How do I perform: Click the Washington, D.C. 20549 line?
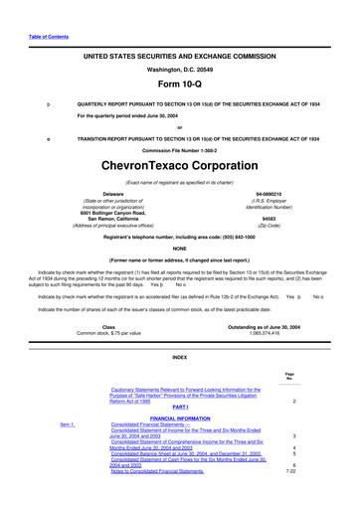click(x=180, y=71)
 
